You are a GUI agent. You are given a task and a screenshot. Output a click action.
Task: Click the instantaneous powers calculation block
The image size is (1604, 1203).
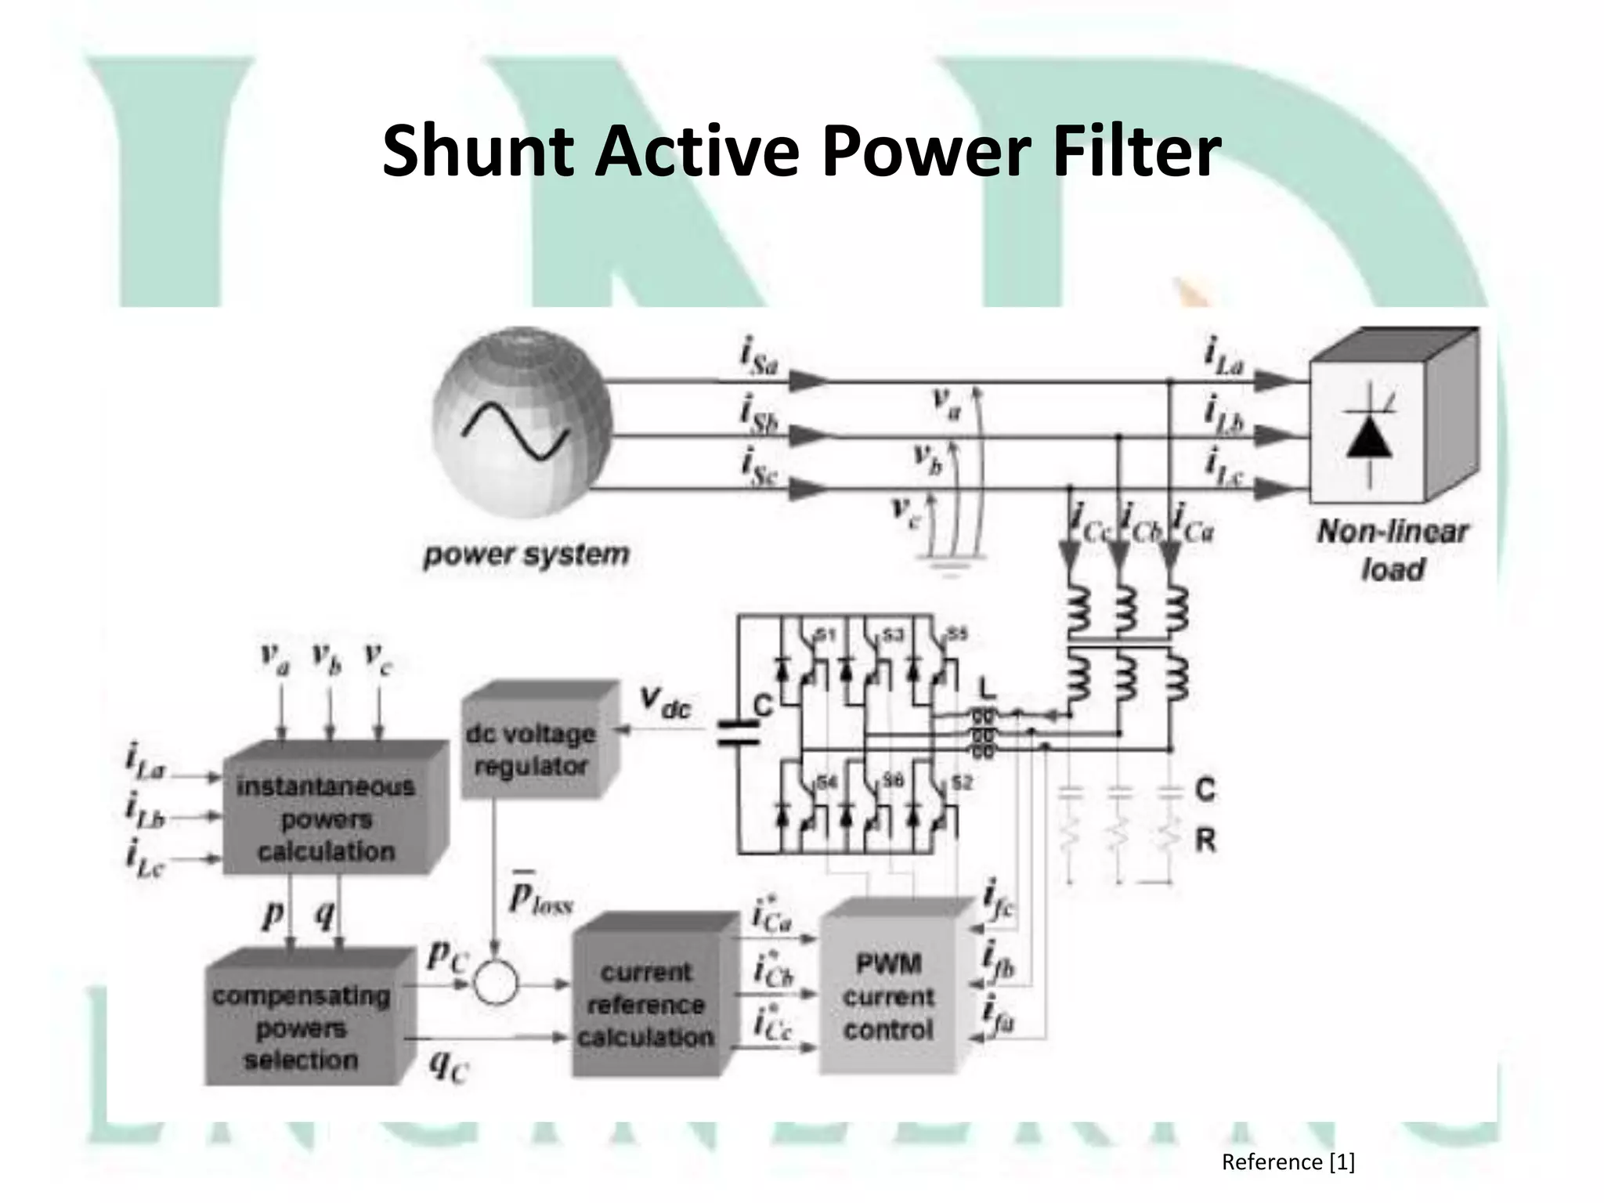coord(326,818)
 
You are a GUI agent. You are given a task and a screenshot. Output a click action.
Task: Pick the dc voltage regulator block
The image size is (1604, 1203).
coord(531,750)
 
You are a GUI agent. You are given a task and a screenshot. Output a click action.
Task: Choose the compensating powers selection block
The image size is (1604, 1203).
coord(302,1028)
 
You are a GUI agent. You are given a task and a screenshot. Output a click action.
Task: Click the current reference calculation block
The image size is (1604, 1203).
coord(646,1005)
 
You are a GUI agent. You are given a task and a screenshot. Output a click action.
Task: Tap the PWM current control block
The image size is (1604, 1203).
coord(888,997)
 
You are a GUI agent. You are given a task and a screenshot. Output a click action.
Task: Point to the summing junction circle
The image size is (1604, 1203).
coord(496,983)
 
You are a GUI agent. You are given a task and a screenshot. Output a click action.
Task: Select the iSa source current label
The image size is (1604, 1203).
coord(758,358)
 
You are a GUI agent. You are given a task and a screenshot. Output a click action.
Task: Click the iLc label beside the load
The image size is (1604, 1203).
coord(1224,467)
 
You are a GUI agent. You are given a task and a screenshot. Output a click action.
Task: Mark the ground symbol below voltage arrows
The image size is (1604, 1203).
coord(948,568)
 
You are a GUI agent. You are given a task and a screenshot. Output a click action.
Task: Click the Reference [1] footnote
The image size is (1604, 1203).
coord(1288,1161)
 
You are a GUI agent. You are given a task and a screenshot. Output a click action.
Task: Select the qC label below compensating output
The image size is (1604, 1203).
coord(448,1067)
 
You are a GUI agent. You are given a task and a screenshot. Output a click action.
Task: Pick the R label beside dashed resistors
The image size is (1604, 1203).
coord(1205,840)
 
